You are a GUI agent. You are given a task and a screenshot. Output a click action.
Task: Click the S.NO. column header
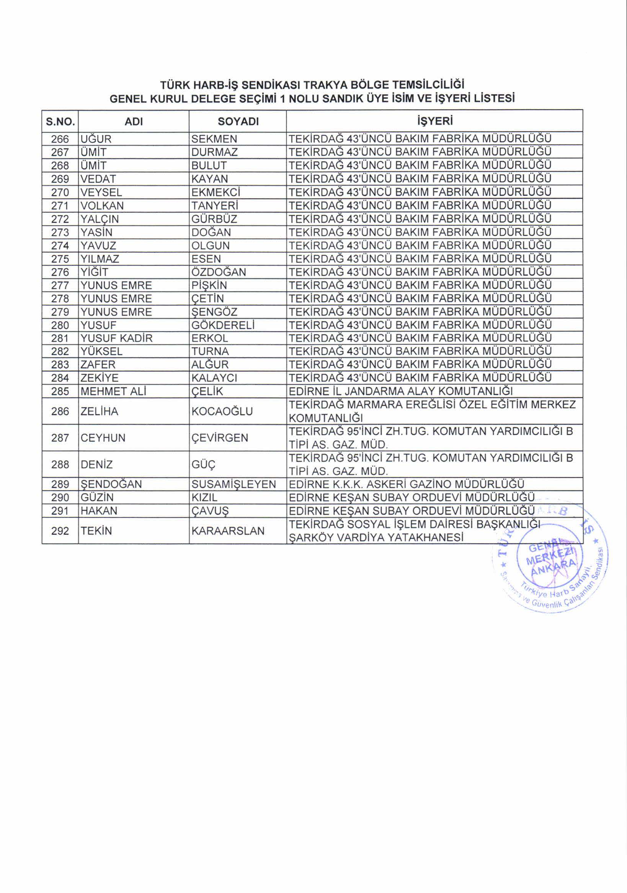(x=60, y=122)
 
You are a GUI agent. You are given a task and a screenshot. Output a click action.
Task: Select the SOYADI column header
(x=238, y=122)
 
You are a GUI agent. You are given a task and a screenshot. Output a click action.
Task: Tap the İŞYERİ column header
(x=434, y=121)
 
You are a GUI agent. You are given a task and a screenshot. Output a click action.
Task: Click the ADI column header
(x=134, y=122)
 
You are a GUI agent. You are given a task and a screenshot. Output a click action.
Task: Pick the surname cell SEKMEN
(x=214, y=139)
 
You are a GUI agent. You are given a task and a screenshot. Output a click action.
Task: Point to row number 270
(x=60, y=193)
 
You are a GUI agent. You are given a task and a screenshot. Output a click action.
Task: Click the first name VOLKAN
(x=102, y=206)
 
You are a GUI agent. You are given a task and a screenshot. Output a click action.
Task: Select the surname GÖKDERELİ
(x=223, y=325)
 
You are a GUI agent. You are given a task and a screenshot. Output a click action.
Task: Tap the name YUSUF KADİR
(x=116, y=338)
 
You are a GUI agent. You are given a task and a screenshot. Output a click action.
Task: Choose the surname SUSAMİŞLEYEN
(x=233, y=484)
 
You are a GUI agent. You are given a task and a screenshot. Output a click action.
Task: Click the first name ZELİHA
(x=99, y=411)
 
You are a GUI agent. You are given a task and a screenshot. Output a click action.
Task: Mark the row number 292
(x=60, y=531)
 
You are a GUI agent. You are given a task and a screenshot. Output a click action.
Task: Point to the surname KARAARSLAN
(x=228, y=531)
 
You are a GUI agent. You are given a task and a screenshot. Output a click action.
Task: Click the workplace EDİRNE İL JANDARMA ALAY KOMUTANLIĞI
(x=401, y=391)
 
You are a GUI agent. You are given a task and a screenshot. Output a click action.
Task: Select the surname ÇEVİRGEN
(x=220, y=438)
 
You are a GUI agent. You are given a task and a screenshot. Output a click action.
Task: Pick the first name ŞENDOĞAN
(x=111, y=484)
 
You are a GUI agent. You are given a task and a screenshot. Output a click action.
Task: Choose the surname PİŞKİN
(x=209, y=285)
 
